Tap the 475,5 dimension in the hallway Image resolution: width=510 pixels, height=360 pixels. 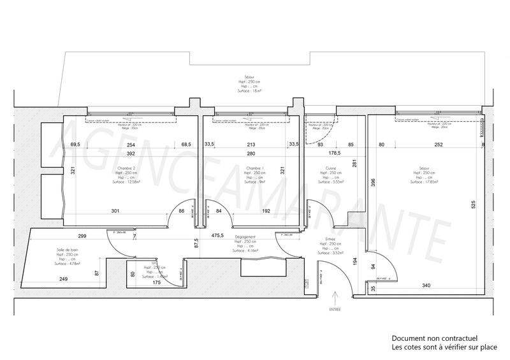click(x=217, y=235)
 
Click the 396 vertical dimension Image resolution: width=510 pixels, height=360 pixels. click(x=365, y=184)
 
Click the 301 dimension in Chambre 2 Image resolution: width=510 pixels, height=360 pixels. click(x=115, y=210)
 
